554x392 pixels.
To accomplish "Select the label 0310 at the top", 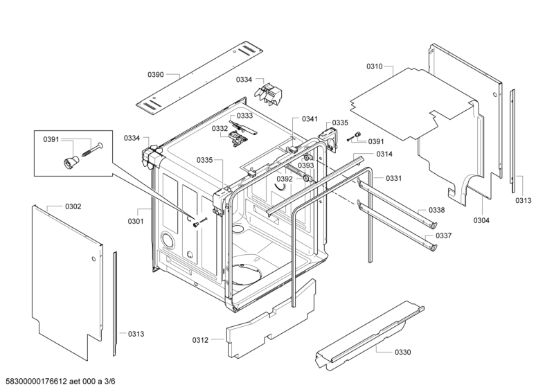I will tap(375, 66).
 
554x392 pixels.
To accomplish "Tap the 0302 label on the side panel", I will tap(73, 206).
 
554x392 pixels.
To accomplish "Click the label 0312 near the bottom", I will tap(200, 339).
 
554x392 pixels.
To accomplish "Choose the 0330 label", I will tap(402, 353).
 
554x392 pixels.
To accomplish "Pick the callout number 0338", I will tap(436, 210).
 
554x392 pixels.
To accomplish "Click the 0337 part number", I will tap(444, 235).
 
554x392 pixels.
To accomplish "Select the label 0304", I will tap(482, 220).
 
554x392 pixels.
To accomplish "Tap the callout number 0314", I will tap(384, 154).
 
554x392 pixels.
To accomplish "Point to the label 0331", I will tap(394, 178).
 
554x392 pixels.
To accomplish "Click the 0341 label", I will tap(310, 119).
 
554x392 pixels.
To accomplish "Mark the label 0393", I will tap(306, 166).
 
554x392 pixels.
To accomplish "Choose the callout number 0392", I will tap(285, 179).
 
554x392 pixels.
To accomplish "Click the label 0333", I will tap(244, 116).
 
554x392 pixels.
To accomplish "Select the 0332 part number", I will tap(220, 128).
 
